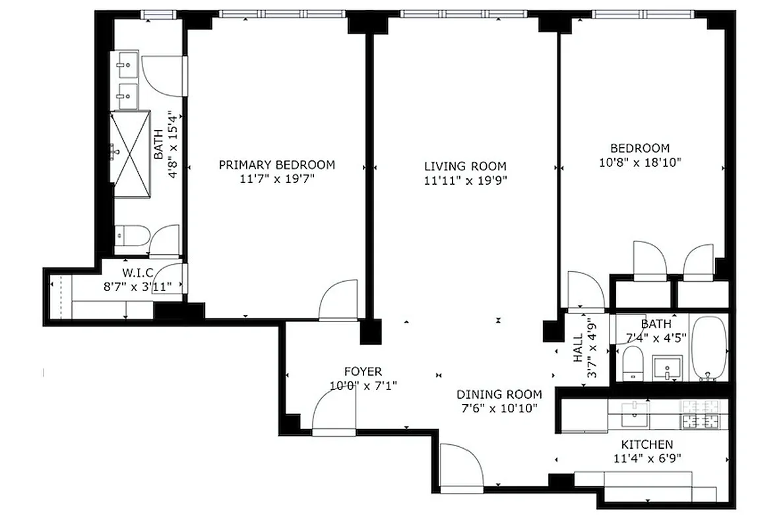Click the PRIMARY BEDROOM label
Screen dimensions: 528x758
(276, 164)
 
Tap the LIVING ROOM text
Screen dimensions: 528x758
(465, 166)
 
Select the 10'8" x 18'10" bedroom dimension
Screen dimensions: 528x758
(639, 161)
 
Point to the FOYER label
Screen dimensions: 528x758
(363, 372)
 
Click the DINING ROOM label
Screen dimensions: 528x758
(499, 394)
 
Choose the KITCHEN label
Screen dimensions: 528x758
(647, 444)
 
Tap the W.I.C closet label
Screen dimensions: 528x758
(138, 273)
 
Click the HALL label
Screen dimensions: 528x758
(578, 347)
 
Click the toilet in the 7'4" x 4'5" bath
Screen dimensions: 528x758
(633, 364)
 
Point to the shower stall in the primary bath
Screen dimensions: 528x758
(129, 154)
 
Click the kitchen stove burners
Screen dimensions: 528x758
(701, 414)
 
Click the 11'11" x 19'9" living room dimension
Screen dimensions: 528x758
(465, 180)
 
